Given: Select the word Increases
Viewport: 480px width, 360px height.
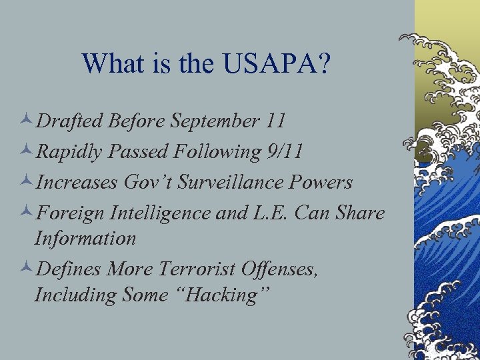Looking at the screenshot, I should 75,182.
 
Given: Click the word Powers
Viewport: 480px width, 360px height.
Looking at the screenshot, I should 324,182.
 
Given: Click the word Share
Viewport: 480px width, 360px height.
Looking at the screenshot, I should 359,213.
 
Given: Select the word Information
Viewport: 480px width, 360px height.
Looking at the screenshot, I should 85,237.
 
